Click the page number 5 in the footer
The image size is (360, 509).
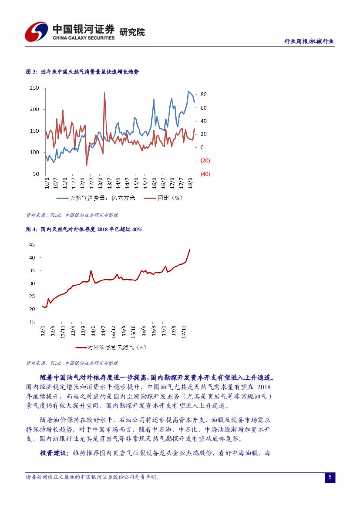tap(330, 477)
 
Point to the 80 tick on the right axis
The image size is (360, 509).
tap(203, 94)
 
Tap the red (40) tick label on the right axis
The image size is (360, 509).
tap(205, 174)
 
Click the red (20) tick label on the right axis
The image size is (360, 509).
tap(205, 161)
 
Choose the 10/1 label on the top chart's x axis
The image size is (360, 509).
tap(47, 181)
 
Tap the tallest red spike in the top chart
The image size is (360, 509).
tap(104, 93)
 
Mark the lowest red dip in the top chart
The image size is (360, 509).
tap(86, 165)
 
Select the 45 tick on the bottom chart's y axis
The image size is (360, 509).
tap(32, 245)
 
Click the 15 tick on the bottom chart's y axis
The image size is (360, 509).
tap(32, 322)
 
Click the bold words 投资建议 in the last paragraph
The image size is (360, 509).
tap(54, 453)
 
